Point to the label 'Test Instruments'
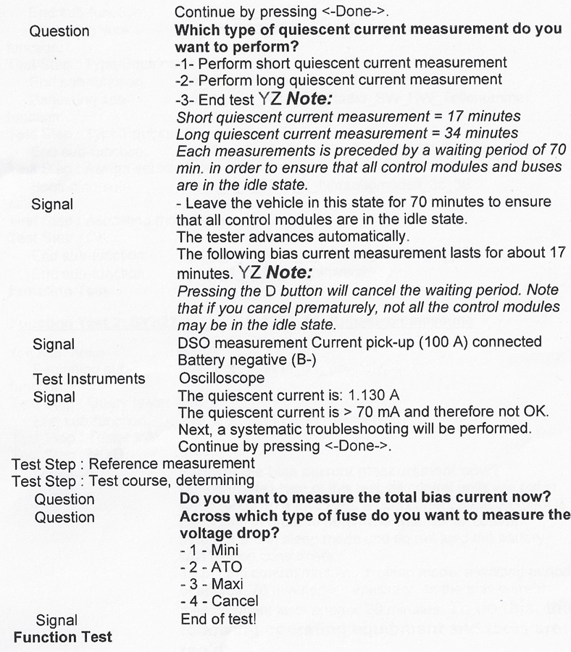(89, 379)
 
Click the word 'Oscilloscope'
(215, 379)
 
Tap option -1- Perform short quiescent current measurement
(341, 62)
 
